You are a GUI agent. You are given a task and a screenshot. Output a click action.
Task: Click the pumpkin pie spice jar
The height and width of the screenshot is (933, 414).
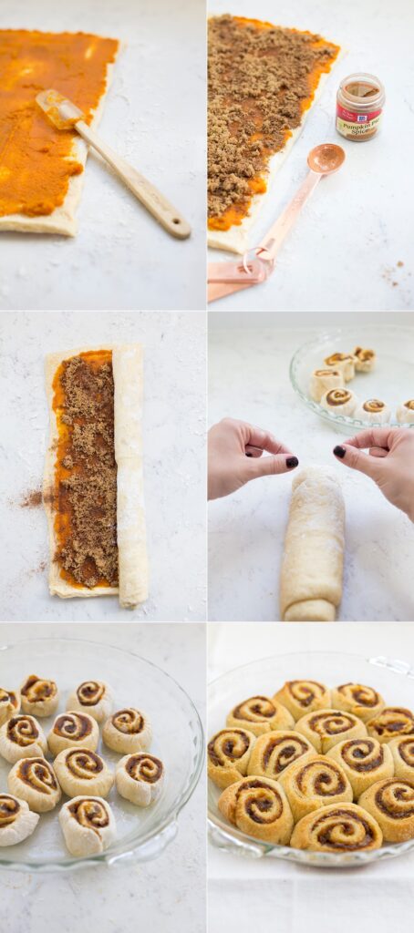(359, 108)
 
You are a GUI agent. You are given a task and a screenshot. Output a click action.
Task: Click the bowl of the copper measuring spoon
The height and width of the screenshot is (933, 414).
(326, 159)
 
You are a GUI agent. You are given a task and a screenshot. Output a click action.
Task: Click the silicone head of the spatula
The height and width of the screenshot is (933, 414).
(59, 108)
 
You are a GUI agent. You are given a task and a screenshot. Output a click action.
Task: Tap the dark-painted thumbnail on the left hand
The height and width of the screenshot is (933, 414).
(292, 462)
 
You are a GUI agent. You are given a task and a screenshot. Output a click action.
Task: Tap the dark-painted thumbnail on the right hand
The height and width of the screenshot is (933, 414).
(339, 451)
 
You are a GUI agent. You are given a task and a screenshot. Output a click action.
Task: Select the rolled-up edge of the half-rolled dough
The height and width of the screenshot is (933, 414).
(129, 474)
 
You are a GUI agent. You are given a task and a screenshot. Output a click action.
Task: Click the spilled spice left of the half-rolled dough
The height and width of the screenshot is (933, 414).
(32, 497)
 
